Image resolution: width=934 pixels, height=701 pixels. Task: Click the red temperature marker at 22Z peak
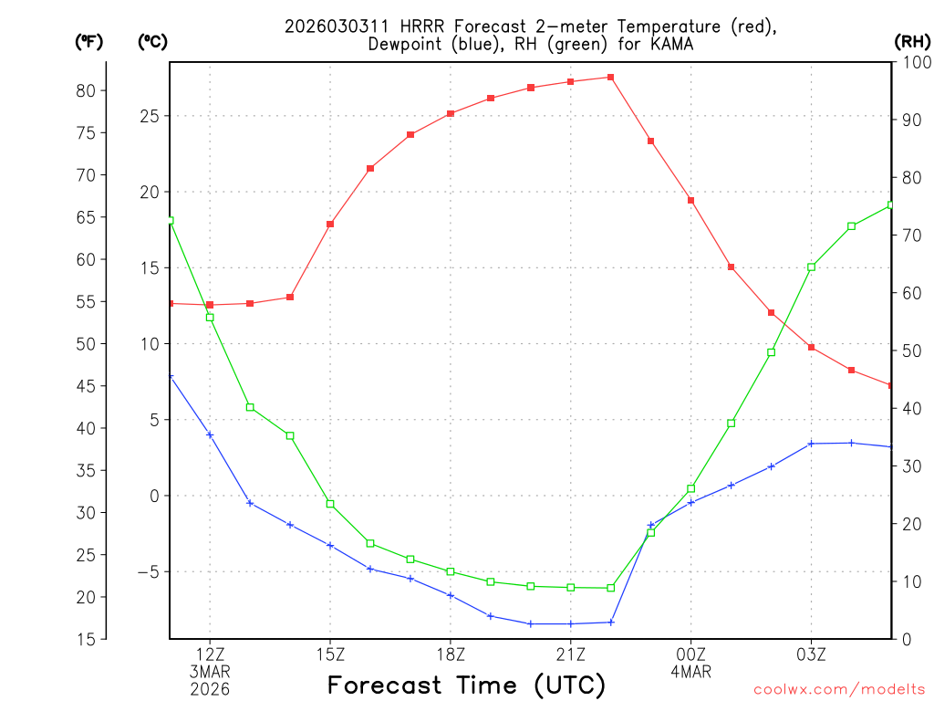click(610, 77)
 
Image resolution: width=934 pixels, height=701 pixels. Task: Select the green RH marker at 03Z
click(811, 267)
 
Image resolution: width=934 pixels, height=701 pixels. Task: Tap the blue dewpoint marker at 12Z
click(210, 434)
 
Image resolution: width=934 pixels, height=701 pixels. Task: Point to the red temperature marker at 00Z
click(690, 200)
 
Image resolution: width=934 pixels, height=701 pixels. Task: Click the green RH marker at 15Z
click(330, 504)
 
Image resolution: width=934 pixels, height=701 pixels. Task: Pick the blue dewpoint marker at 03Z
click(811, 444)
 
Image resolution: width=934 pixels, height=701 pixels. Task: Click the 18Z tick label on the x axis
click(450, 654)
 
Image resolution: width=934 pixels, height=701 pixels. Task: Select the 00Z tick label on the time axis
click(690, 654)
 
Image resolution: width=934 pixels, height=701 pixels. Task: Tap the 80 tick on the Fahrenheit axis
click(86, 90)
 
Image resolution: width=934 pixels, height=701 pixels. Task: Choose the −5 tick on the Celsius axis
click(147, 572)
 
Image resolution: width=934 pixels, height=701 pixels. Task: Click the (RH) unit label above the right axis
click(912, 41)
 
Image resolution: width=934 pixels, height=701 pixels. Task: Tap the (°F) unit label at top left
click(89, 41)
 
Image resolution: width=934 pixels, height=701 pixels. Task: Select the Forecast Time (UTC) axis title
click(466, 685)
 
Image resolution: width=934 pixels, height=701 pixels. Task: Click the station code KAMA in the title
click(669, 44)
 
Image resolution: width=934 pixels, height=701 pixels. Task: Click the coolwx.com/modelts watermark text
click(839, 689)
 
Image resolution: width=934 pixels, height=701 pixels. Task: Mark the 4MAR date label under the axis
click(690, 672)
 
